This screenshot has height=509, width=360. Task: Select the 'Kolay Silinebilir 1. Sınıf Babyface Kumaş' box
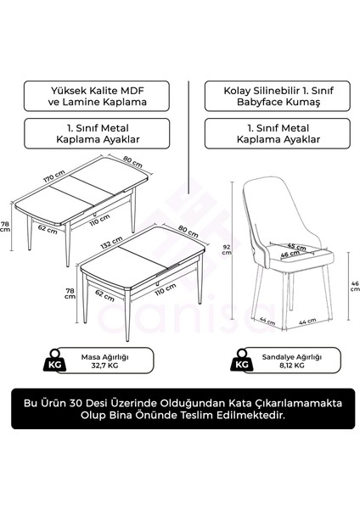click(268, 94)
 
